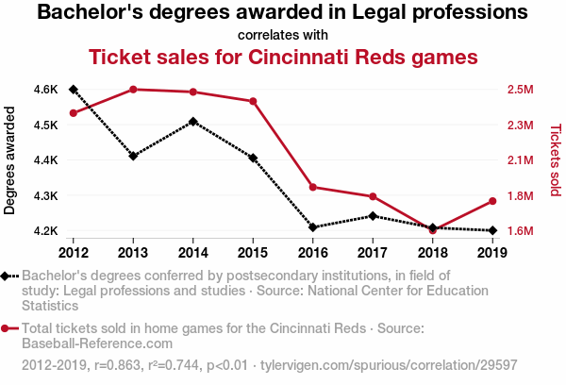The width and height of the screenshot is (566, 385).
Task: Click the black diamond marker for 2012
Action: [74, 89]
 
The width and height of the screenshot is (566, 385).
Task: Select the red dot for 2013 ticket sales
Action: [133, 89]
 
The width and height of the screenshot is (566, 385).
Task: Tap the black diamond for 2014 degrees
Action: [193, 122]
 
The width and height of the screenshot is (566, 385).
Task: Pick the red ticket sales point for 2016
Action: [312, 187]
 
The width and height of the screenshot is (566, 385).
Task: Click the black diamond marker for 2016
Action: [312, 227]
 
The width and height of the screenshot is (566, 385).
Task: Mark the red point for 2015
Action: [253, 101]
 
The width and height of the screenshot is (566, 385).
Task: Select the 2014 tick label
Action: [193, 252]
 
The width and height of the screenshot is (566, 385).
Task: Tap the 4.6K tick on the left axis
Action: [45, 90]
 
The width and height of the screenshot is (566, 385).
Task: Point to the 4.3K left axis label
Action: [45, 195]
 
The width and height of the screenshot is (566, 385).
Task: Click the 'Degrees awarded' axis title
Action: [10, 159]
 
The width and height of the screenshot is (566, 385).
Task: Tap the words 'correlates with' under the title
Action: [283, 35]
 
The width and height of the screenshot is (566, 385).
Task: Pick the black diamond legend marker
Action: [8, 276]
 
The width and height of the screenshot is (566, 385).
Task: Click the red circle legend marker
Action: [8, 328]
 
